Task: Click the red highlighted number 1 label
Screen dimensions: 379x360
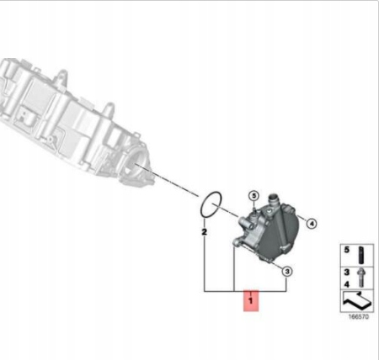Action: [251, 300]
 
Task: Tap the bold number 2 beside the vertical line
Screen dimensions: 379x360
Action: [205, 232]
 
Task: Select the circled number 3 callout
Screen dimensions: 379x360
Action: [286, 272]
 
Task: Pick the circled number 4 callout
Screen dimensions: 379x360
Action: [311, 224]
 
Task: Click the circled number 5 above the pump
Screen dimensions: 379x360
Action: [254, 195]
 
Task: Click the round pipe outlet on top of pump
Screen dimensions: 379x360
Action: [273, 201]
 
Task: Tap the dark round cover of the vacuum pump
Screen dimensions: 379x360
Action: [280, 233]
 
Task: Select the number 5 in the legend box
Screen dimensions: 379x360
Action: [347, 250]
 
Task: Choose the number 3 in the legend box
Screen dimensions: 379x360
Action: [347, 272]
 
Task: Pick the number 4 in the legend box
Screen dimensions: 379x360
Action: [347, 284]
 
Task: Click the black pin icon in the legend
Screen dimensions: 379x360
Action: [361, 255]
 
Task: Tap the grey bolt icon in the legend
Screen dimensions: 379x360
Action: [361, 278]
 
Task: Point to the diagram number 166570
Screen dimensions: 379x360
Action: [359, 316]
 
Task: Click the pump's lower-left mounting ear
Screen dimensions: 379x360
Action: [237, 242]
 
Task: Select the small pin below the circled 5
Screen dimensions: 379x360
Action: [254, 209]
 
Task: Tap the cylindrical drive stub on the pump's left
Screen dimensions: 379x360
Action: [243, 223]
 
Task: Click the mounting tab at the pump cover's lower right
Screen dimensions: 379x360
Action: [285, 248]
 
